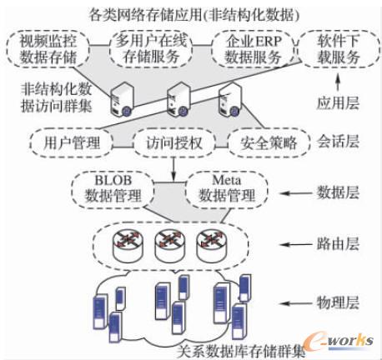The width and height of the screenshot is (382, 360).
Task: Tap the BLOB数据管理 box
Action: point(122,188)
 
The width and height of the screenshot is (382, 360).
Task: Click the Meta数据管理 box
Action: point(224,188)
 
